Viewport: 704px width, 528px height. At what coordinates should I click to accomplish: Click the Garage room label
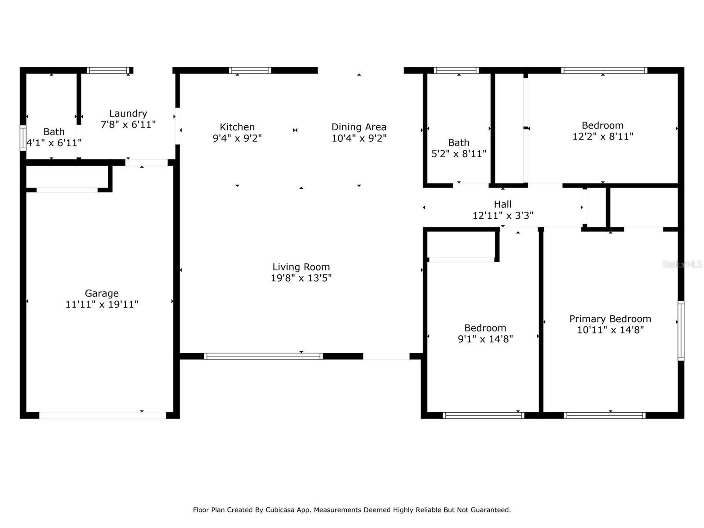pos(102,293)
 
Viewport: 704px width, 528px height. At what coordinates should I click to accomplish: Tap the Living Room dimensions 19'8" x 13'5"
pos(301,278)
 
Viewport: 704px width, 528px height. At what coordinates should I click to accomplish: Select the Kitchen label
pos(237,127)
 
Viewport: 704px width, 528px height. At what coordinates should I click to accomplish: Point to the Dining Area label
pos(359,127)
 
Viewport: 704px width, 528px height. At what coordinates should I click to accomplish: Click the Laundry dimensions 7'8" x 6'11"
pos(128,125)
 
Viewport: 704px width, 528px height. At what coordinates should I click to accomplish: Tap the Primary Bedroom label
pos(610,319)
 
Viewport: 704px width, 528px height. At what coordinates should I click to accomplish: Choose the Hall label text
pos(502,204)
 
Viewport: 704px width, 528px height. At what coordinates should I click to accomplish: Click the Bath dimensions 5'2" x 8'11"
pos(458,154)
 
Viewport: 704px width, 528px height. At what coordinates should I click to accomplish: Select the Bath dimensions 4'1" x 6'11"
pos(54,143)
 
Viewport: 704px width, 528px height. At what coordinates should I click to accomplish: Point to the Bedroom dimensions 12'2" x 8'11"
pos(603,136)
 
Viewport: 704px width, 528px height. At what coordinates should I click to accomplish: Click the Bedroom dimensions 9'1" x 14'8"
pos(485,339)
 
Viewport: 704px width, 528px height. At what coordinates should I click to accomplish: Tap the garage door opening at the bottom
pos(103,415)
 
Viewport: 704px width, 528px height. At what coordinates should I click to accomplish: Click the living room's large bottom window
pos(263,356)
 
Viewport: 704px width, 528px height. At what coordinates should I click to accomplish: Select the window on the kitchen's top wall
pos(250,70)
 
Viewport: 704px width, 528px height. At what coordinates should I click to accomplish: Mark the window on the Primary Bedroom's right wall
pos(681,330)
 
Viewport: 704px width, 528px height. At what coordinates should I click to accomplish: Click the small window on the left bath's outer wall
pos(23,138)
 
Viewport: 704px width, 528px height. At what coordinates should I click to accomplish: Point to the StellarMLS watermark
pos(682,264)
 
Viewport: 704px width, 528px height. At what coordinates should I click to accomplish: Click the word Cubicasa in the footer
pos(280,510)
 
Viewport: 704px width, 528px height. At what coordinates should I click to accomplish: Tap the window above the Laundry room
pos(108,70)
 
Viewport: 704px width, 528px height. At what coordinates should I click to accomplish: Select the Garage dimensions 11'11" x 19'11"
pos(102,304)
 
